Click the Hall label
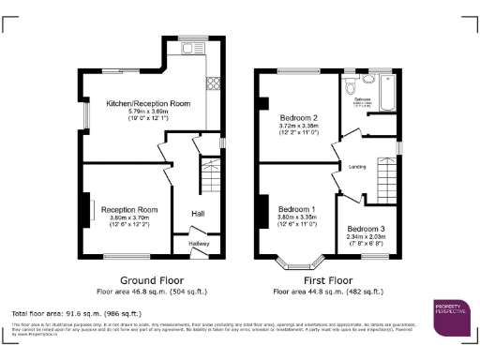pos(198,214)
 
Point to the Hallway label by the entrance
pos(199,243)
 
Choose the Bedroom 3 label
pos(365,229)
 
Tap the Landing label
pos(356,168)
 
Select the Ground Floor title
pos(152,279)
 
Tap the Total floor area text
pos(76,312)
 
